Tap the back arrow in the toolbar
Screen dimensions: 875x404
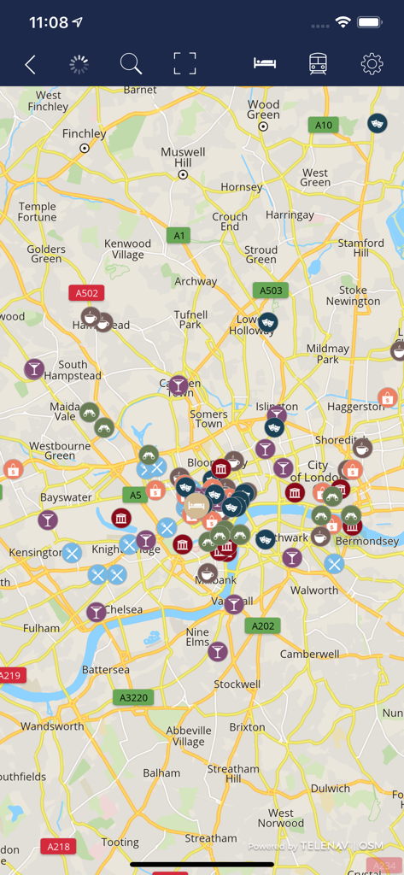[x=30, y=64]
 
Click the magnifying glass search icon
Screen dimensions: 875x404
[x=131, y=64]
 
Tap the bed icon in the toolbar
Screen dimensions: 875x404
[x=265, y=64]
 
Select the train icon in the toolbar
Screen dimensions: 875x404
[x=318, y=64]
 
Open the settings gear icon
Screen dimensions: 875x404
[x=372, y=64]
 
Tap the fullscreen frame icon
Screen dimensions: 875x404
[x=184, y=64]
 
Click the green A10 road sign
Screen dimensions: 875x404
[x=323, y=125]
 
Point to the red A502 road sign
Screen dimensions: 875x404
[x=87, y=293]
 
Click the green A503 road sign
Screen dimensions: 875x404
[x=271, y=291]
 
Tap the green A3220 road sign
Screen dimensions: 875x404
[x=133, y=697]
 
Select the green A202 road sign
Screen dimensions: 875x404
[x=263, y=625]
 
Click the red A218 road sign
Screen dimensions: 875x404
[x=58, y=846]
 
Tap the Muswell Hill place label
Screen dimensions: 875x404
[x=183, y=157]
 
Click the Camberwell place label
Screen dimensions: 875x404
[x=310, y=654]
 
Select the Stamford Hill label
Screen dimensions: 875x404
[x=360, y=248]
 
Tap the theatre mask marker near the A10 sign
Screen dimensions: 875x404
[x=377, y=124]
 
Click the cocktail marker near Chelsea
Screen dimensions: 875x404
[x=96, y=612]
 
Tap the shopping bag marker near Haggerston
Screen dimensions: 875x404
[x=388, y=397]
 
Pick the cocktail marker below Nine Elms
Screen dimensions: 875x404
[x=218, y=652]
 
